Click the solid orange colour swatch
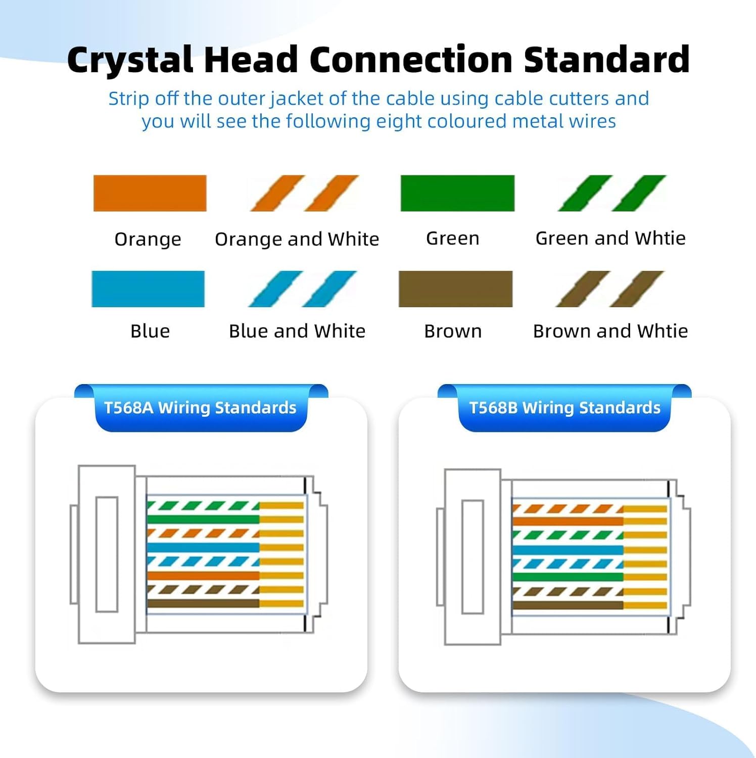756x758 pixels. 150,193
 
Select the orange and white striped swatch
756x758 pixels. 304,193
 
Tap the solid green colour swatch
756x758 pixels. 457,193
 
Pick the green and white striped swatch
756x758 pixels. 612,193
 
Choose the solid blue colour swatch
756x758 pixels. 148,289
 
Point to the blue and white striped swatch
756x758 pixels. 302,289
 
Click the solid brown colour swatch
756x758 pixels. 455,289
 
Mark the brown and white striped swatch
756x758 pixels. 610,289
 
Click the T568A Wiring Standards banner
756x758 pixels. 201,408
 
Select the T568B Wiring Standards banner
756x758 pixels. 564,408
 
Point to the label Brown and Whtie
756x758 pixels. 610,331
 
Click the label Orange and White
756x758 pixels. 297,239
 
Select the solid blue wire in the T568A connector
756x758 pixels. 203,547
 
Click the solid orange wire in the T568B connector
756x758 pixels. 568,522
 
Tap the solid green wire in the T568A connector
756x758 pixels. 203,519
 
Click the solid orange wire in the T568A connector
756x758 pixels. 203,576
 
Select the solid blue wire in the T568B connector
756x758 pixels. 568,550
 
